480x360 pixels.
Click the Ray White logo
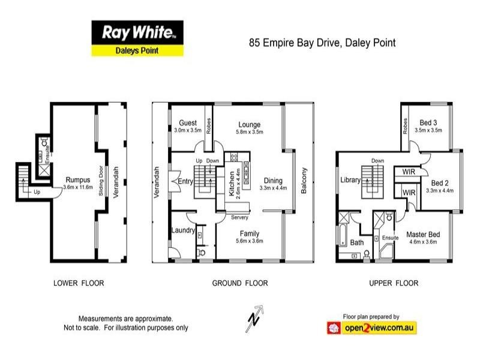(x=137, y=32)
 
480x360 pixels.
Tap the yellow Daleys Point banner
(x=137, y=50)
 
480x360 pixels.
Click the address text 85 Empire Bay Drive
(x=322, y=43)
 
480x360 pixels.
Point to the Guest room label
(x=187, y=124)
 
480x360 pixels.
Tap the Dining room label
(x=272, y=180)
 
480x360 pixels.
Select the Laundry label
(x=182, y=229)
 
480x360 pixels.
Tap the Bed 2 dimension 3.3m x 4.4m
(x=439, y=190)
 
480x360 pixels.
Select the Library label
(x=350, y=179)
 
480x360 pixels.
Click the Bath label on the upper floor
(x=357, y=242)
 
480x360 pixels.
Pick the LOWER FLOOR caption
(x=79, y=283)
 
